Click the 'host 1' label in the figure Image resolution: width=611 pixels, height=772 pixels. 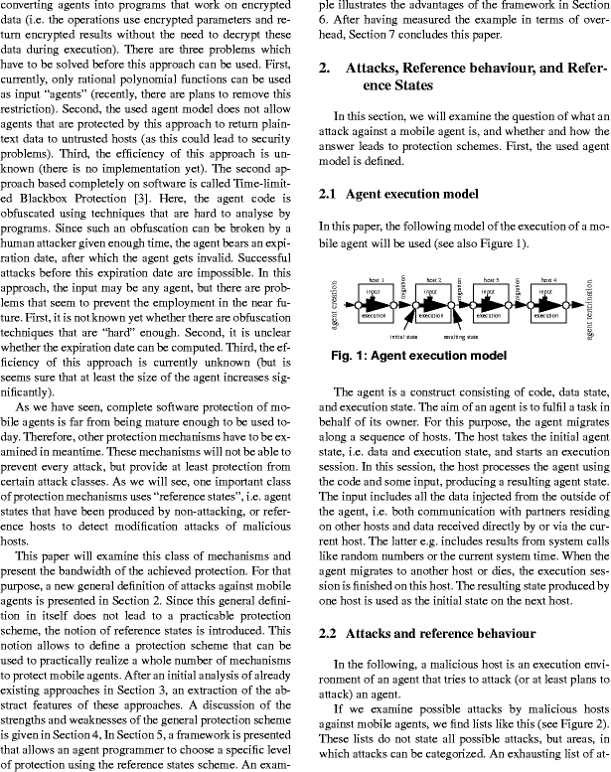375,280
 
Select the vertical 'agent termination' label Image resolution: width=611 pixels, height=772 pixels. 590,305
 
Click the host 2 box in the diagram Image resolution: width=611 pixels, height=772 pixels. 432,305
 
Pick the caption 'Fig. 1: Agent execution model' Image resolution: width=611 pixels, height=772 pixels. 419,355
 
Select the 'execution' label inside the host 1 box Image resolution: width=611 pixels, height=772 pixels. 375,315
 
